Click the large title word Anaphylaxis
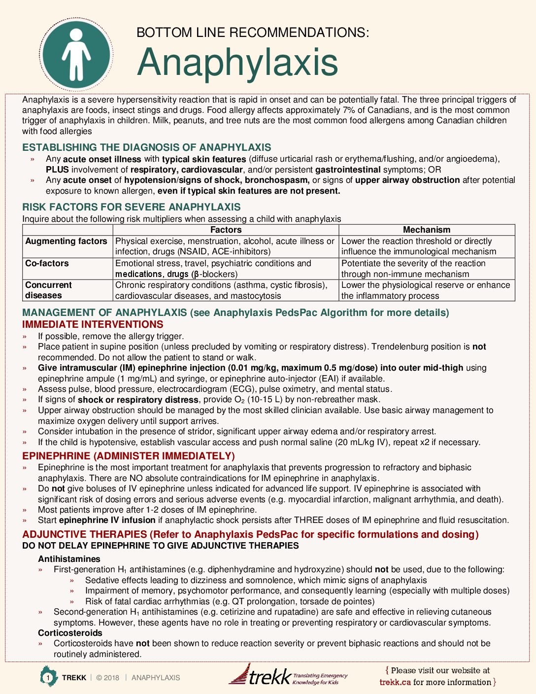point(237,63)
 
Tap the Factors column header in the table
point(226,230)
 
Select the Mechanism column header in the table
point(427,230)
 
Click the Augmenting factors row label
point(66,241)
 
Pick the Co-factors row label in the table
point(47,263)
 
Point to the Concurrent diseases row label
point(48,290)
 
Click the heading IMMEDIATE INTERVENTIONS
point(93,324)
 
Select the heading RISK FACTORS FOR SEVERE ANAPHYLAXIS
point(132,207)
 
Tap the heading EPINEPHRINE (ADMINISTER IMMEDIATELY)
point(129,456)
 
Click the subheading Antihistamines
point(69,559)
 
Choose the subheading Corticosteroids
point(70,633)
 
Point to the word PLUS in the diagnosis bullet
point(57,170)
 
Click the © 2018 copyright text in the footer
point(107,678)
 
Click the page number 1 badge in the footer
point(48,678)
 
